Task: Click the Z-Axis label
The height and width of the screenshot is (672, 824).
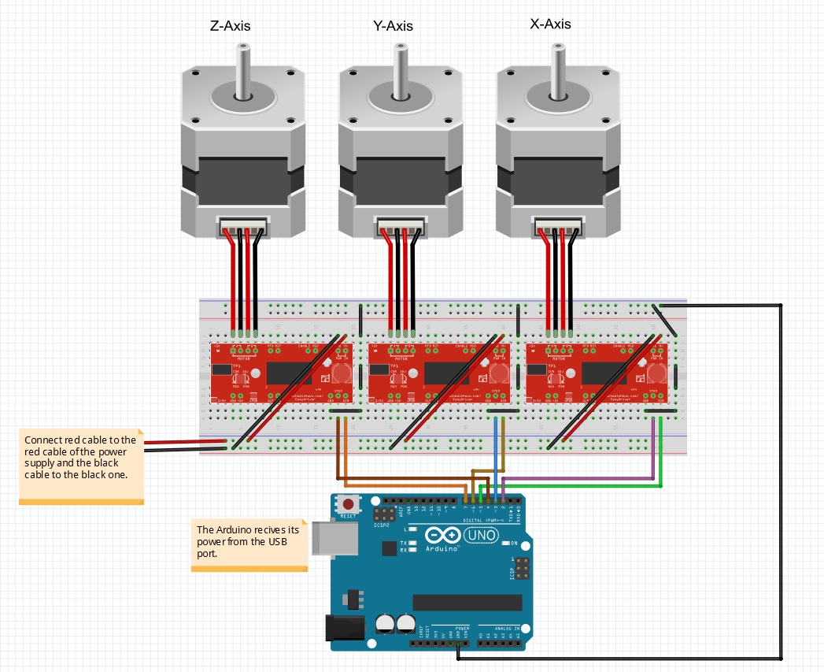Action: click(231, 26)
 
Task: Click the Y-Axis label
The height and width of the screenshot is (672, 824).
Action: click(393, 26)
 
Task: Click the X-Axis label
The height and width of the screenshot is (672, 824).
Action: click(551, 24)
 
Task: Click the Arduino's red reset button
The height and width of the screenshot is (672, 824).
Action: click(348, 503)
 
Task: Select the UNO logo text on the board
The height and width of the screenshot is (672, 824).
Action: click(482, 536)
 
